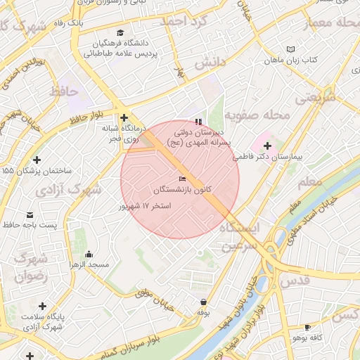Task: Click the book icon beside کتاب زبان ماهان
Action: pos(290,49)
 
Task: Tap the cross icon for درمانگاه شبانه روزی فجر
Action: pos(124,118)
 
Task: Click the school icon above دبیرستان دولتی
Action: pos(198,122)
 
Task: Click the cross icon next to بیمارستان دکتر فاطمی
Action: pos(266,146)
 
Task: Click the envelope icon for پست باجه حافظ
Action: pos(29,214)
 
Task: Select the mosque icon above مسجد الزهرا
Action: pos(88,254)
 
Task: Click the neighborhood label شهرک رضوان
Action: pos(30,266)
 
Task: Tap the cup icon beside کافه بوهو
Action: pos(307,327)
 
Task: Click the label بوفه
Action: pos(203,311)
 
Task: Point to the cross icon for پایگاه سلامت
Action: pos(43,307)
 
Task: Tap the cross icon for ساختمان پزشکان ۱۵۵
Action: pos(37,160)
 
